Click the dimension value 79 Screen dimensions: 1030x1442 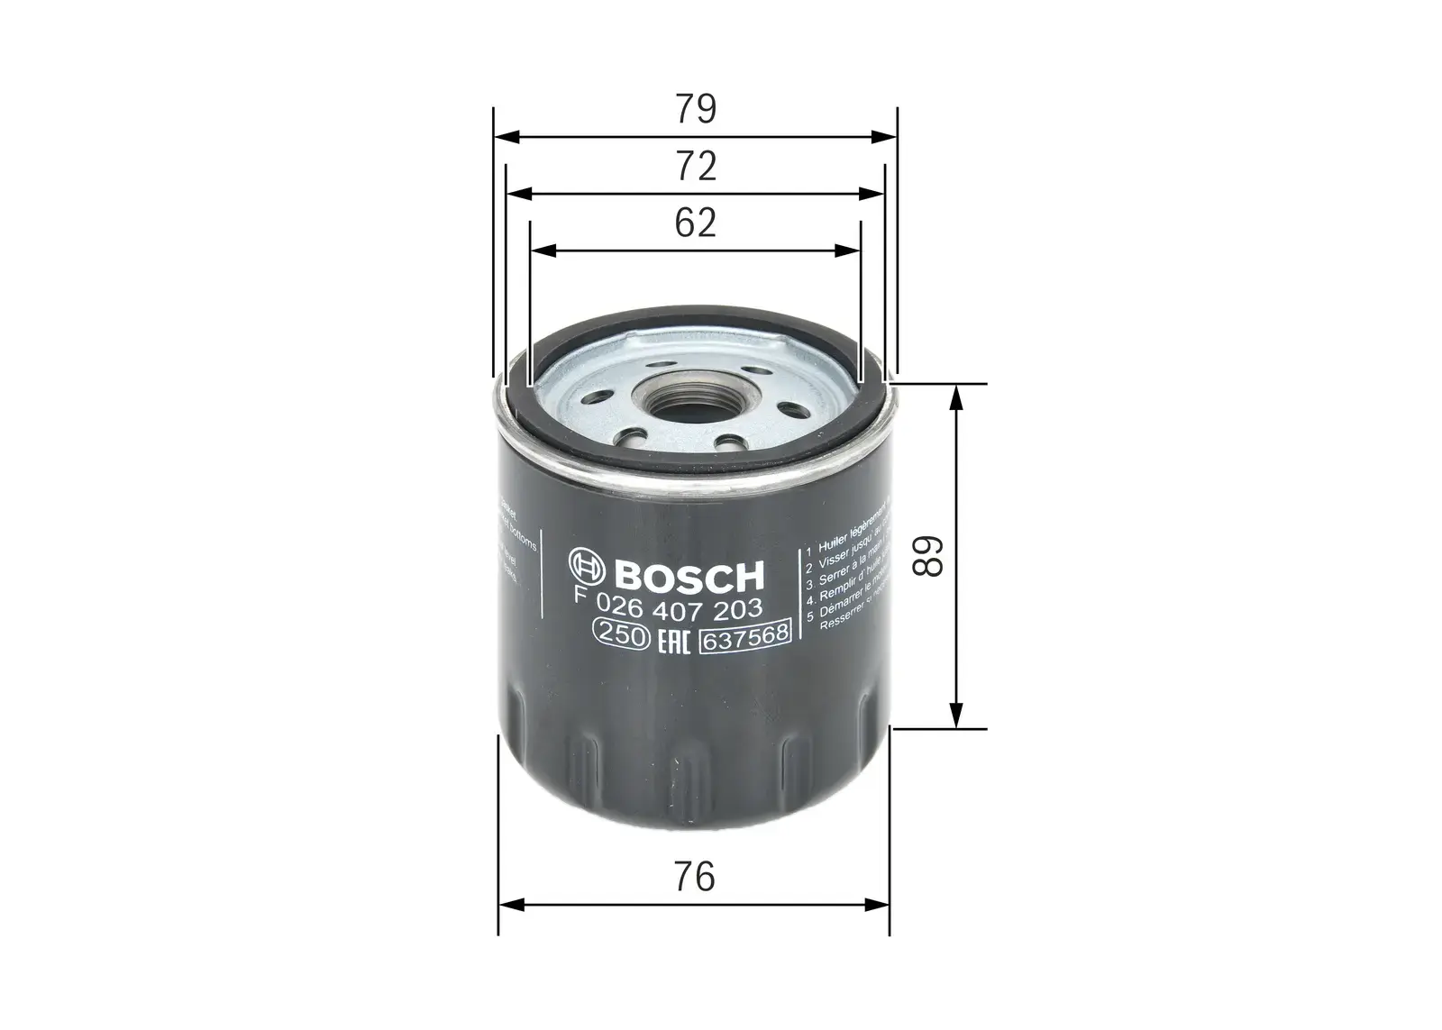point(696,109)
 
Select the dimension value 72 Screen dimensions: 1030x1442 point(696,167)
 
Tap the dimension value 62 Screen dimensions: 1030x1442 point(696,223)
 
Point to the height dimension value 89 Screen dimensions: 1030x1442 point(927,556)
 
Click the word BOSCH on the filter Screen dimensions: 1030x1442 point(689,574)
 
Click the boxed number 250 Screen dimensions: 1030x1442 point(620,635)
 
